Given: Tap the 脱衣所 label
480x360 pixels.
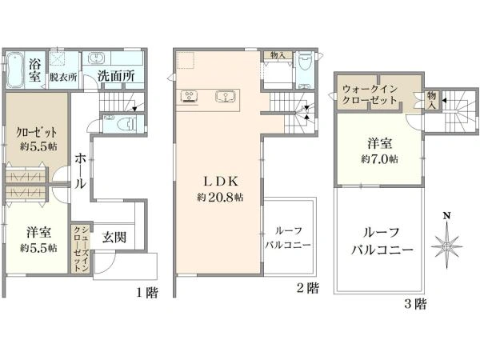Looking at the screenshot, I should click(62, 78).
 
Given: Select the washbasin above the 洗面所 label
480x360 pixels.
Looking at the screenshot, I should click(96, 59).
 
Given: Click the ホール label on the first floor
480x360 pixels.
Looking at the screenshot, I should click(80, 170).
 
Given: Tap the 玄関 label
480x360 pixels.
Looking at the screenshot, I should click(114, 237).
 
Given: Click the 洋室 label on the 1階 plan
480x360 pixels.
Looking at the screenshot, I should click(38, 232).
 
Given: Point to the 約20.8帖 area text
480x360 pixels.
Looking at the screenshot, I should click(217, 197).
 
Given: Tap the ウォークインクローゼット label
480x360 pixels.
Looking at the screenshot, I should click(370, 95).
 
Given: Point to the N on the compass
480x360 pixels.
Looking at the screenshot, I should click(447, 215).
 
